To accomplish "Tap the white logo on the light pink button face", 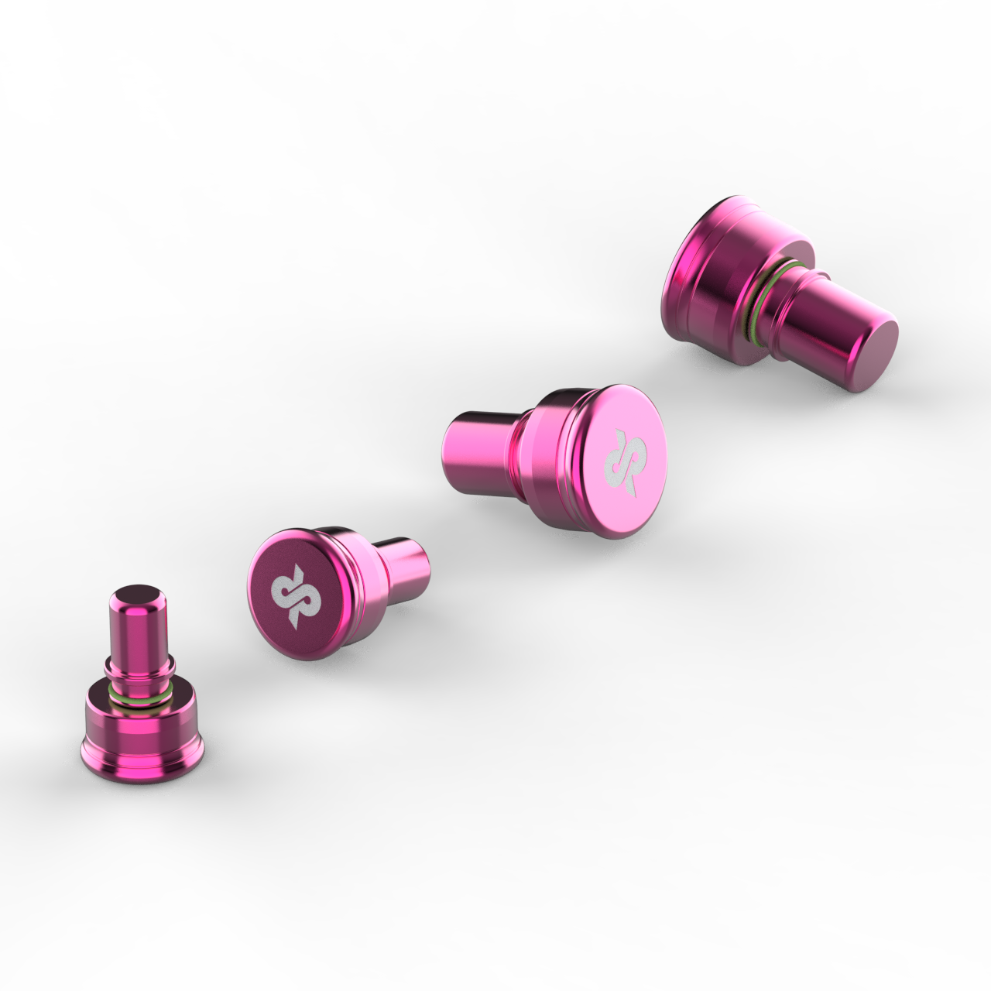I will coord(622,462).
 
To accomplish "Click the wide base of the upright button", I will coord(143,736).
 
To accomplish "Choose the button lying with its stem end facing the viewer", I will coord(774,294).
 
